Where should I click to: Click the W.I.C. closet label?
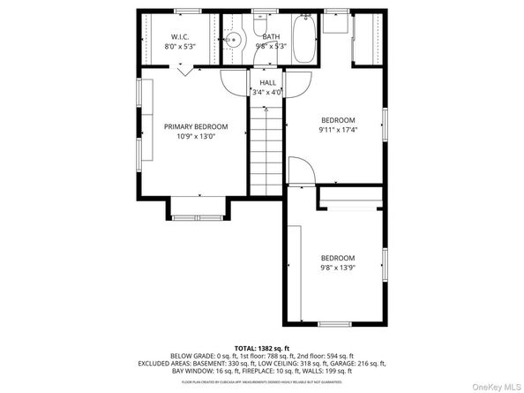(181, 36)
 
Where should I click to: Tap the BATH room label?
(270, 36)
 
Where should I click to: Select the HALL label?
(267, 82)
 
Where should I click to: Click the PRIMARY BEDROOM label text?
(196, 126)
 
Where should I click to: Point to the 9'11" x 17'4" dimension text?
(338, 130)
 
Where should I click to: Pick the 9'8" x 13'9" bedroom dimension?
(339, 268)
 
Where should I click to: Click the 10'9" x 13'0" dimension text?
(196, 136)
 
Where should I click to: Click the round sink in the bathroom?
(234, 40)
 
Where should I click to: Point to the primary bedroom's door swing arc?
(233, 84)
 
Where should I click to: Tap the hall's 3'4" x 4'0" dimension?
(267, 92)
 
